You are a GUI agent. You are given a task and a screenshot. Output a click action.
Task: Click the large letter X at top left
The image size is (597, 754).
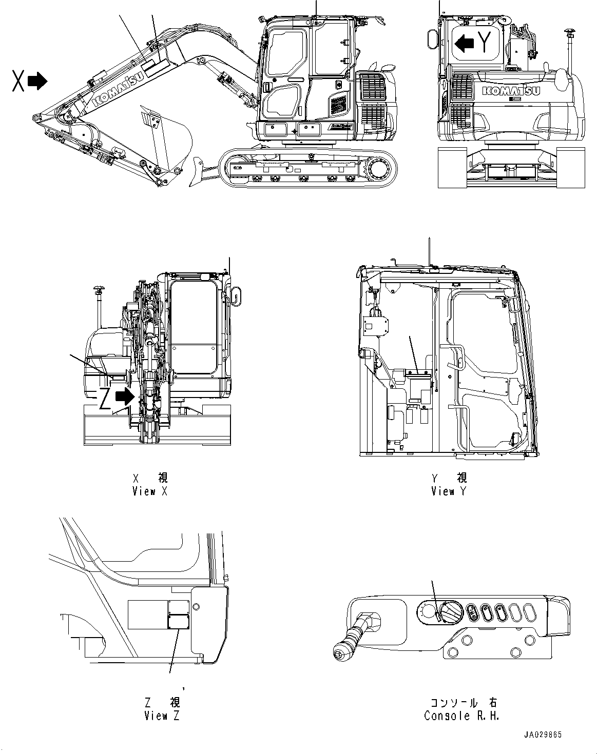coord(18,81)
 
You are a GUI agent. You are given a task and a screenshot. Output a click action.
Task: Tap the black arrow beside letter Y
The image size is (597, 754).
coord(465,43)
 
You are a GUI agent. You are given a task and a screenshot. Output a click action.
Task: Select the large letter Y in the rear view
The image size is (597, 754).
coord(486,42)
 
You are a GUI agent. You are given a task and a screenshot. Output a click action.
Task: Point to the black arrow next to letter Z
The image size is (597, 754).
coord(125,396)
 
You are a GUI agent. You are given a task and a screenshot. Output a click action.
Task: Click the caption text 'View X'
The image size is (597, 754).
coord(149,491)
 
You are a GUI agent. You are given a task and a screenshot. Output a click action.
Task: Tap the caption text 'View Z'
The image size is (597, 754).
coord(162,716)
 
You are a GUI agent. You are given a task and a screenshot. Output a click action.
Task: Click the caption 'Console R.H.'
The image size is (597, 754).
coord(461,716)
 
